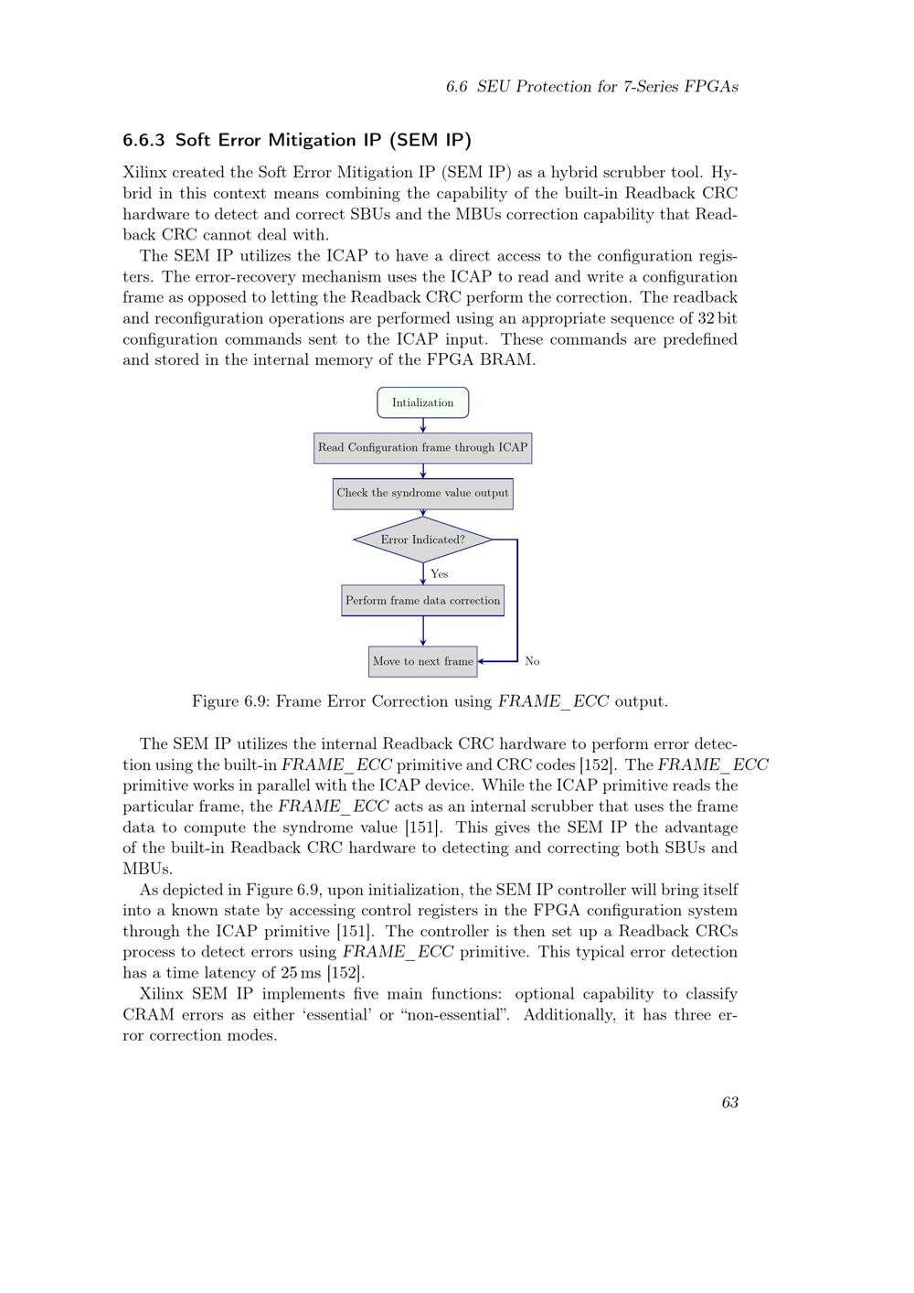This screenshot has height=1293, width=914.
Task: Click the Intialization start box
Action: click(x=422, y=402)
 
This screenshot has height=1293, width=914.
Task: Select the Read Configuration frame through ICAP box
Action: click(x=422, y=448)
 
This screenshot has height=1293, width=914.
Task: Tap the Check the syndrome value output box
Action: click(x=422, y=493)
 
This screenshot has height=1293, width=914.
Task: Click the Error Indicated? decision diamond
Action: click(x=422, y=540)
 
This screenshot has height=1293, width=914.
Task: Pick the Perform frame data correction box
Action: click(x=422, y=601)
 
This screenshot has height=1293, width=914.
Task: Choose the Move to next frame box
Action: click(x=422, y=661)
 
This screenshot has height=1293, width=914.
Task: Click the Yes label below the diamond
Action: click(x=440, y=574)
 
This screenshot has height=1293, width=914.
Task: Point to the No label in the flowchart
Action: click(x=532, y=661)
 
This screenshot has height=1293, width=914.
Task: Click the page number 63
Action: click(x=729, y=1103)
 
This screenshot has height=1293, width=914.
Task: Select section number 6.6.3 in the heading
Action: click(x=144, y=140)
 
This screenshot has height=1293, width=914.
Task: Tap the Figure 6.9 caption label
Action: click(x=228, y=702)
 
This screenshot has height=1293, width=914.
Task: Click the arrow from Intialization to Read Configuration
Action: click(x=423, y=425)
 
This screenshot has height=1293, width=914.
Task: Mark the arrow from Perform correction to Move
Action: click(x=423, y=631)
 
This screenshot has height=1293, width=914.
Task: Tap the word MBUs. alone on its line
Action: click(x=148, y=869)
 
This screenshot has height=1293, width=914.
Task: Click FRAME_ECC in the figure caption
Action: click(x=553, y=702)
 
